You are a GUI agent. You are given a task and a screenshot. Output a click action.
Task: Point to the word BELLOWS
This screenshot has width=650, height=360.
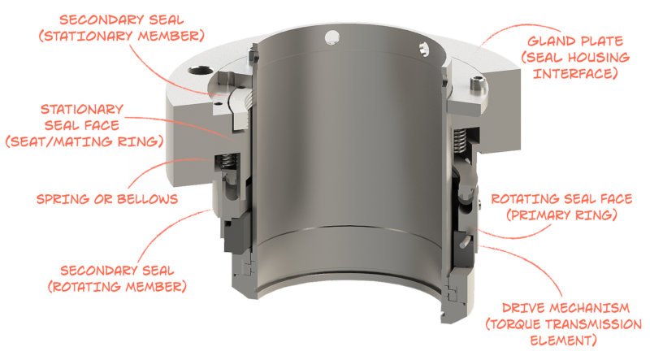tap(143, 198)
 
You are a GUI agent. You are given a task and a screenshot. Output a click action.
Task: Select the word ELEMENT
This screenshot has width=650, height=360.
tap(556, 341)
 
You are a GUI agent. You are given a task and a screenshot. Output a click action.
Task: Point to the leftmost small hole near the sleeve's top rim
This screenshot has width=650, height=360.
tap(329, 35)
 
